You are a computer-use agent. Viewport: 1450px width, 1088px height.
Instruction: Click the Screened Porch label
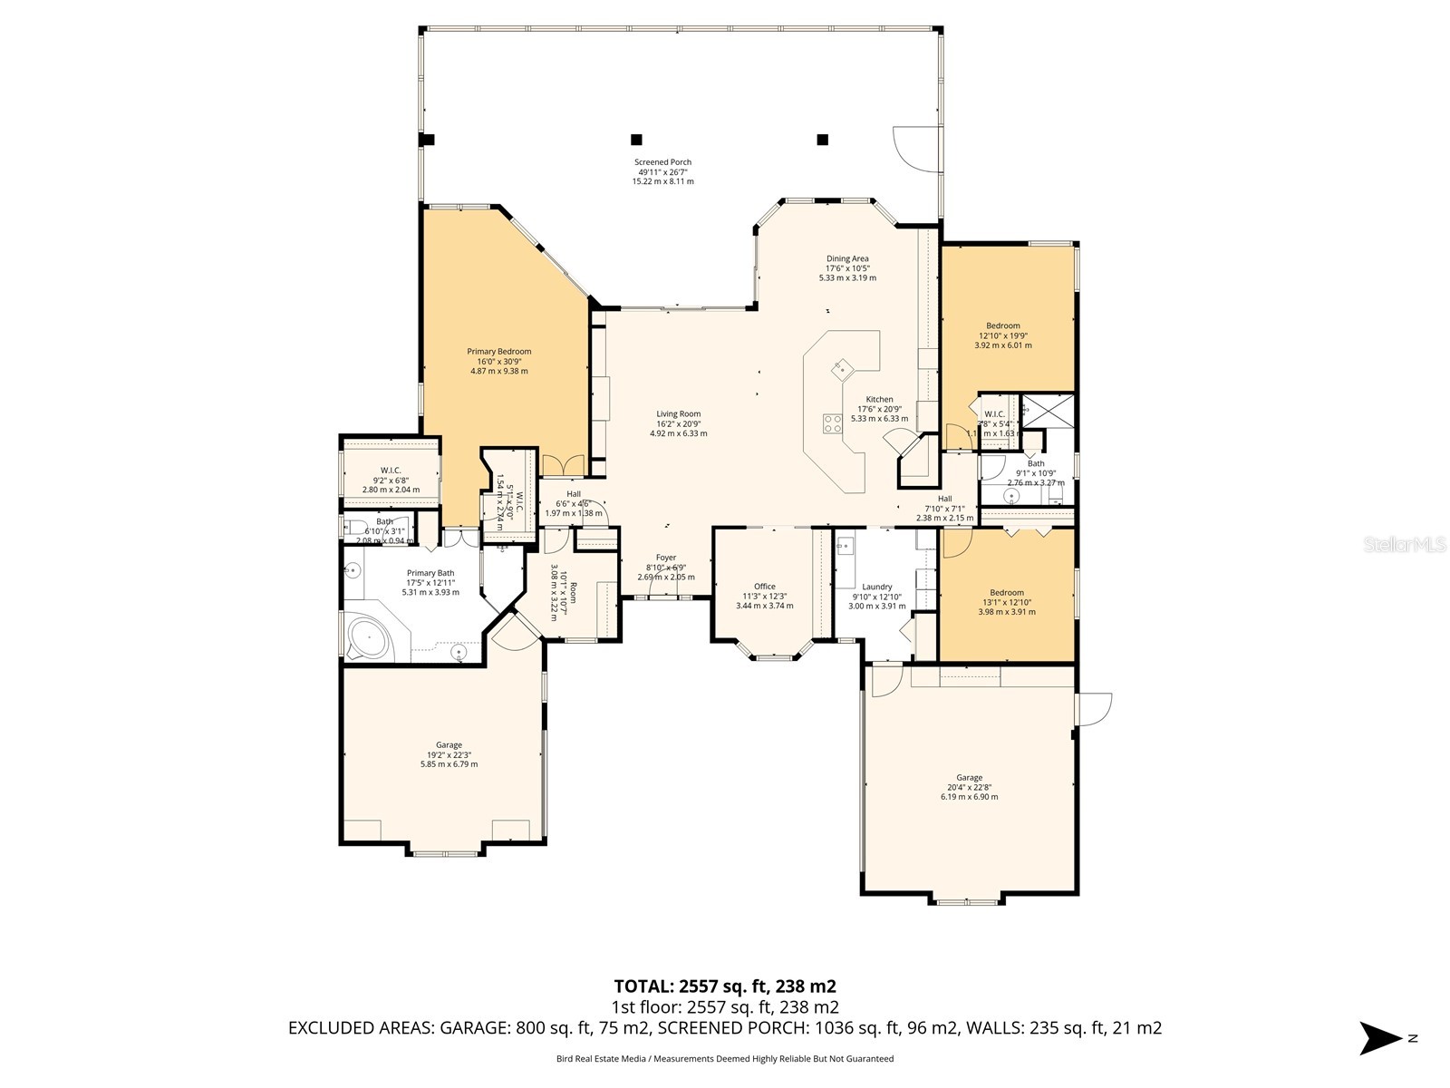pyautogui.click(x=662, y=171)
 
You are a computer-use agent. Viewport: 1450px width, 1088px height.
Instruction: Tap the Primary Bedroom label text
pyautogui.click(x=498, y=361)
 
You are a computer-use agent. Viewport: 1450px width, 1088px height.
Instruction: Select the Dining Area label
pyautogui.click(x=847, y=268)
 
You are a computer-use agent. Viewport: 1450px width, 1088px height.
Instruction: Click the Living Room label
pyautogui.click(x=678, y=423)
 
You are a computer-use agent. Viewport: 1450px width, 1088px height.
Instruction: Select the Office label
pyautogui.click(x=765, y=596)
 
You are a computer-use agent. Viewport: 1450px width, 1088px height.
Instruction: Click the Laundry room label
pyautogui.click(x=877, y=596)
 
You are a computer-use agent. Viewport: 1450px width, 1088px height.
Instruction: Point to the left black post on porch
pyautogui.click(x=636, y=140)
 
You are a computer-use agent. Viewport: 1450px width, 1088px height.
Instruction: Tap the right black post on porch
pyautogui.click(x=823, y=140)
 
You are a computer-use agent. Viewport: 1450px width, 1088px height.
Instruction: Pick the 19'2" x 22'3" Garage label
pyautogui.click(x=449, y=754)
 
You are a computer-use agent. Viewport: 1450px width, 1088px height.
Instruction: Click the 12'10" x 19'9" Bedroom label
pyautogui.click(x=1003, y=335)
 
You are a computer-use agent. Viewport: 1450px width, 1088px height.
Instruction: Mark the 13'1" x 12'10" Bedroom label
pyautogui.click(x=1007, y=602)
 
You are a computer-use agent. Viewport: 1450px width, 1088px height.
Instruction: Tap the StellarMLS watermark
pyautogui.click(x=1405, y=545)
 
